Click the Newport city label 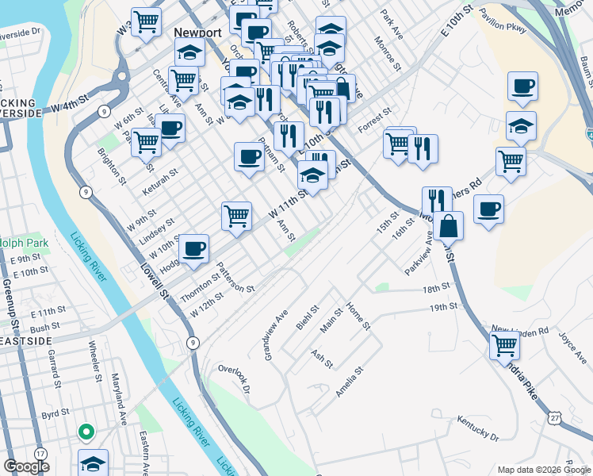click(197, 33)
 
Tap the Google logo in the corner click(26, 466)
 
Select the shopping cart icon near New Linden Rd click(504, 345)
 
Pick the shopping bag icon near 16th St click(448, 225)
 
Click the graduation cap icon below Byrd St click(94, 463)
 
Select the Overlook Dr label click(234, 380)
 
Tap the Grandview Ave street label click(275, 335)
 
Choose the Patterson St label click(236, 278)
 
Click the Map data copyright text click(543, 470)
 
